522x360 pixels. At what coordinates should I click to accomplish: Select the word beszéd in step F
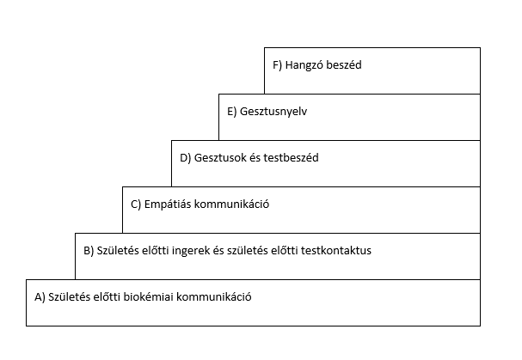click(x=344, y=65)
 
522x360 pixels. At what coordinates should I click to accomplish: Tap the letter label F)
click(x=277, y=65)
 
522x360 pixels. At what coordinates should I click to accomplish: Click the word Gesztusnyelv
click(x=273, y=112)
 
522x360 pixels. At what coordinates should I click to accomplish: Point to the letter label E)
click(x=231, y=112)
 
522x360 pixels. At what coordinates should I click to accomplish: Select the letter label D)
click(x=186, y=158)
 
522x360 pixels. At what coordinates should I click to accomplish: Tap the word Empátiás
click(x=168, y=204)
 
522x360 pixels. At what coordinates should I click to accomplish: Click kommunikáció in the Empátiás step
click(x=231, y=204)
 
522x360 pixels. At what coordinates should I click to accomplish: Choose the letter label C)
click(x=136, y=204)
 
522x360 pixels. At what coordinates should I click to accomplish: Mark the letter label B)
click(x=89, y=251)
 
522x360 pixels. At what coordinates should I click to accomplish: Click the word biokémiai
click(x=149, y=296)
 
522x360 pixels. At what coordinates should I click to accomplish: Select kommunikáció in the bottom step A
click(x=214, y=296)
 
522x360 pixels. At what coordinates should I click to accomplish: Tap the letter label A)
click(x=40, y=297)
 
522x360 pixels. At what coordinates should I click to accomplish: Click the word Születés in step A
click(x=69, y=296)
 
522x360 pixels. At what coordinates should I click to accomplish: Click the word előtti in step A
click(x=107, y=296)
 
